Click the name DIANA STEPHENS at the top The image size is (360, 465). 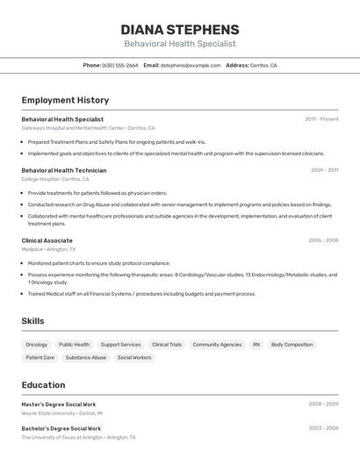tap(180, 29)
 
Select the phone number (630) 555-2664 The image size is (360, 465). tap(120, 65)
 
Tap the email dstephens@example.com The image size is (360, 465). tap(191, 65)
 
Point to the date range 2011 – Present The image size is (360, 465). tap(321, 118)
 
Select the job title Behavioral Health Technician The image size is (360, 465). tap(64, 170)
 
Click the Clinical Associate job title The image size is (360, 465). tap(47, 240)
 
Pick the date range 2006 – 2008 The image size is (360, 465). tap(323, 240)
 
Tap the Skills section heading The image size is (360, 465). tap(32, 321)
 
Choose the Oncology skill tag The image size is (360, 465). tap(37, 345)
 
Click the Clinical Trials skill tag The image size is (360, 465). tap(167, 345)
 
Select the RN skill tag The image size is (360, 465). tap(256, 345)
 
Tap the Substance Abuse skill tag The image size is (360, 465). tap(86, 358)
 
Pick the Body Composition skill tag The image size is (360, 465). tap(292, 345)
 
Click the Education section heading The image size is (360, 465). tap(43, 385)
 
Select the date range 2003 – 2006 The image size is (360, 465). tap(323, 428)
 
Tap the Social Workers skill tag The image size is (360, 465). tap(134, 358)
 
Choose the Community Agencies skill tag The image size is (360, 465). tap(217, 345)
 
